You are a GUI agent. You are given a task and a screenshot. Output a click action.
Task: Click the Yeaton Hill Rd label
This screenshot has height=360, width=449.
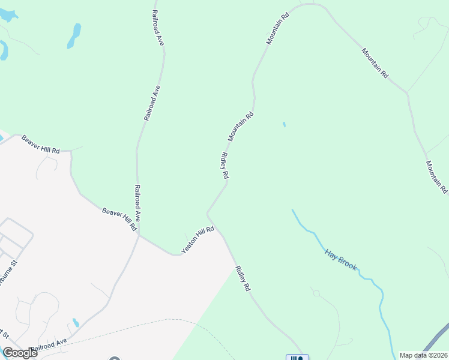198,239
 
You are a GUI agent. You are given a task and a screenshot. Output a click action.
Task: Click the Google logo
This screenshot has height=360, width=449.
19,353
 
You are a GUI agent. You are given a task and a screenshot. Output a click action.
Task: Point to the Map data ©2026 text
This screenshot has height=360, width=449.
423,355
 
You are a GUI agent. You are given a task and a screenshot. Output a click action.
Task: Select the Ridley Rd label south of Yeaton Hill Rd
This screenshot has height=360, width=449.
243,278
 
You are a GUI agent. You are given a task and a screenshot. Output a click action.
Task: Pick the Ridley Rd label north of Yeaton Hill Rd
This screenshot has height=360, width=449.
225,166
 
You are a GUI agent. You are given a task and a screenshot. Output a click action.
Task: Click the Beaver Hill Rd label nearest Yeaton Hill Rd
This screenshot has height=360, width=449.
120,220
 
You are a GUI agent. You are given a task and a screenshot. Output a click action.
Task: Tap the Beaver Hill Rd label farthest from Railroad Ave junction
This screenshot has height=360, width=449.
41,144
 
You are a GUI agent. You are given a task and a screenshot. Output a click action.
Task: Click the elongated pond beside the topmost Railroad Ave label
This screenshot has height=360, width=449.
74,35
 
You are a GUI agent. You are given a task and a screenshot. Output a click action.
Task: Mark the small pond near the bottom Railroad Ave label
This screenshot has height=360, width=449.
76,323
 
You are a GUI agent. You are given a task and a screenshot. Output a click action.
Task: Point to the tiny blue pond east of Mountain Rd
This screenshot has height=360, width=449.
284,125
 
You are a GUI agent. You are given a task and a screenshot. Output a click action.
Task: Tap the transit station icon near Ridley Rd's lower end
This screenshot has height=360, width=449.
297,358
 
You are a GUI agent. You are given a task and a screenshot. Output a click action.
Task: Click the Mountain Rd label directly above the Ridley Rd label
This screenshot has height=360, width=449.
241,127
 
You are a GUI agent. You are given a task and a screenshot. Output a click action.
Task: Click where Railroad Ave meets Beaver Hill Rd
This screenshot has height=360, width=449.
139,235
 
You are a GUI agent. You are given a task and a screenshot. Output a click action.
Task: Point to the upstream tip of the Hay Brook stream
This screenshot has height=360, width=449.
292,210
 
